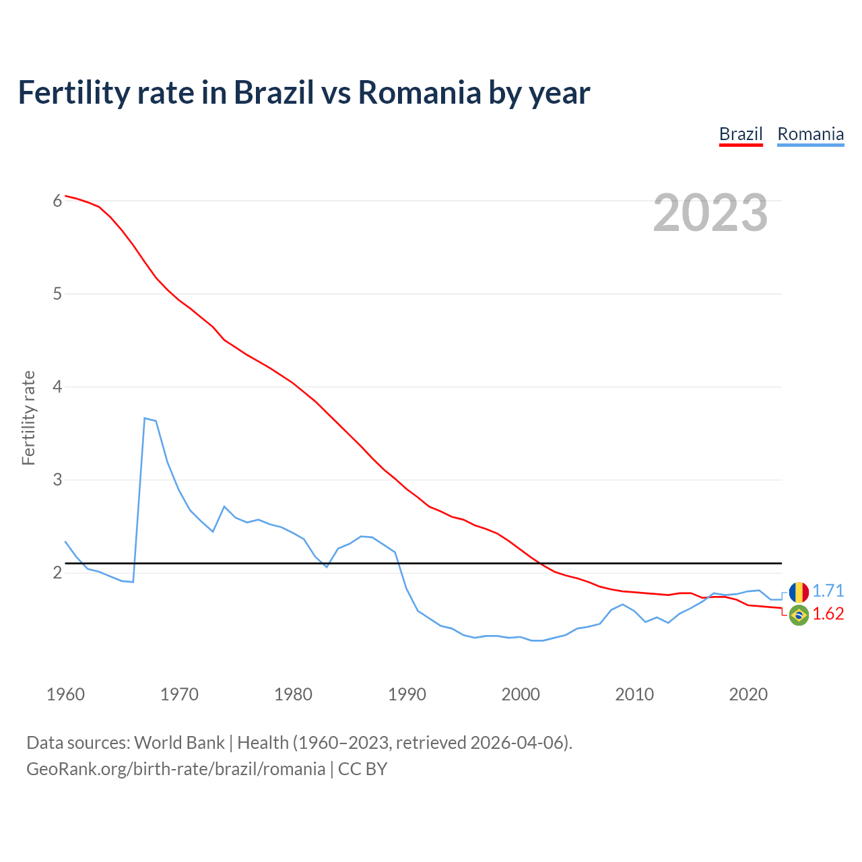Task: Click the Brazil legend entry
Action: (741, 134)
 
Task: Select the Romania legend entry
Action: (810, 134)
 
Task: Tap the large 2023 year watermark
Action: (710, 213)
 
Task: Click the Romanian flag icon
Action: (799, 592)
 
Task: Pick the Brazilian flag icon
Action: (799, 615)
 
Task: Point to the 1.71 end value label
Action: (828, 591)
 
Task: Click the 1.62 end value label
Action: (828, 614)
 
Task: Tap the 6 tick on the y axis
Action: (57, 201)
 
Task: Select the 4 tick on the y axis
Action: (57, 387)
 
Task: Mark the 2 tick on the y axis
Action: (57, 572)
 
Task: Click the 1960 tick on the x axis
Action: (65, 694)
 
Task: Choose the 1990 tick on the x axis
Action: (407, 694)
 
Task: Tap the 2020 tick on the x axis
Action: (748, 694)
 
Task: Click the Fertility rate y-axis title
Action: (28, 418)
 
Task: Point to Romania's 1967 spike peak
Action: (145, 418)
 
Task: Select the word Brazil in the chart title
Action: (273, 92)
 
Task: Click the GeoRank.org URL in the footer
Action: (175, 769)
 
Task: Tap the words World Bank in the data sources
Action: (179, 743)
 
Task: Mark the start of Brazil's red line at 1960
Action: (66, 195)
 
